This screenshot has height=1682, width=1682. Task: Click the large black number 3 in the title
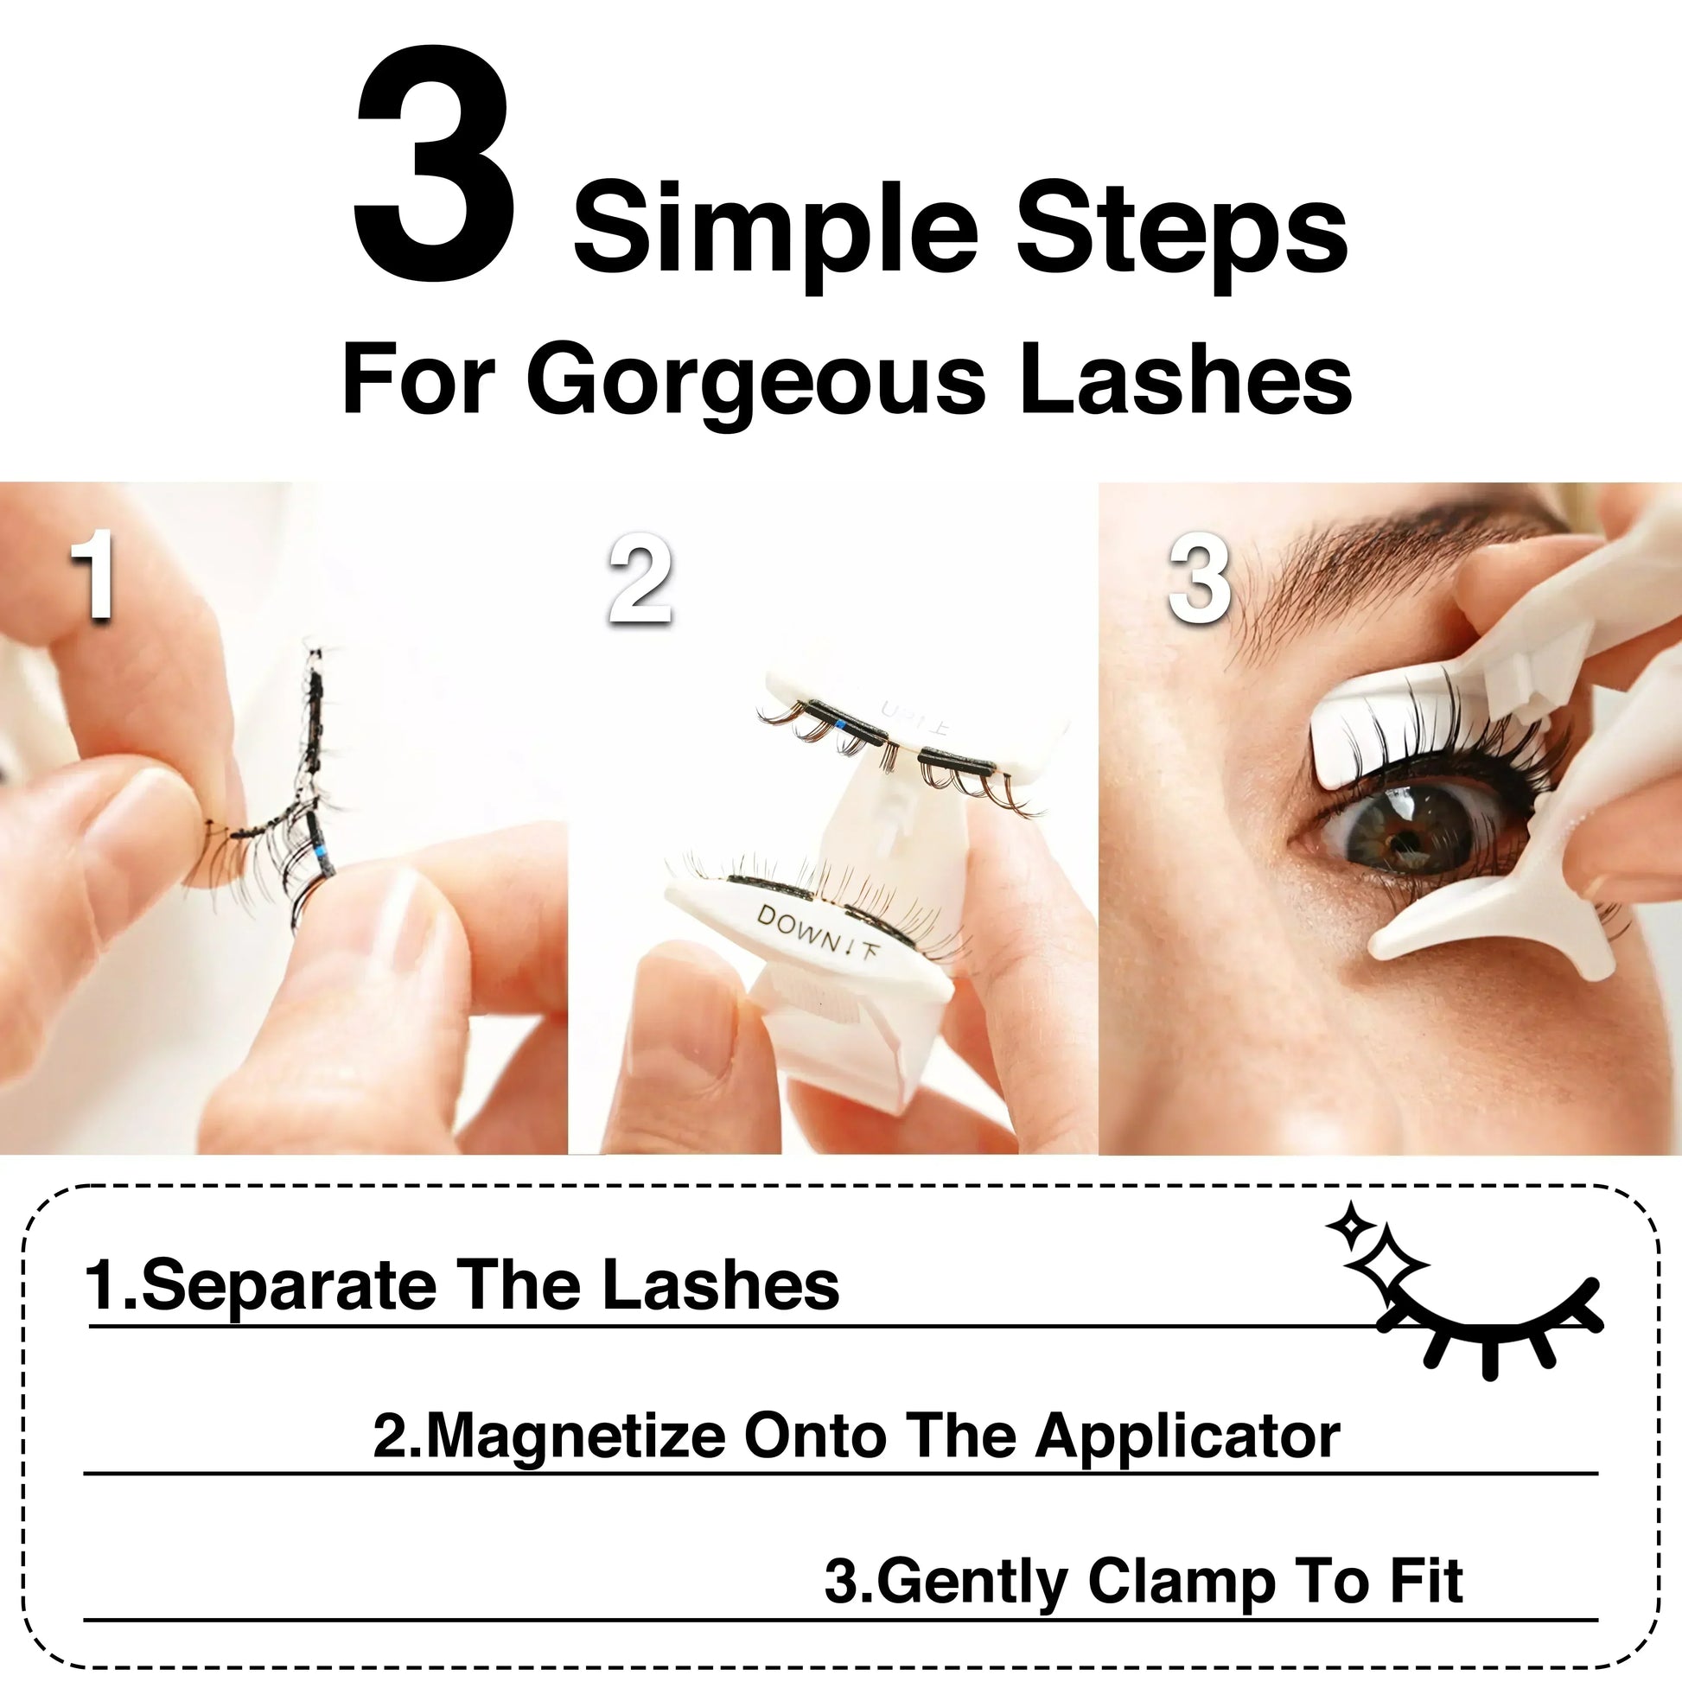coord(433,164)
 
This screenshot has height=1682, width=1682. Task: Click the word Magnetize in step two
coord(576,1437)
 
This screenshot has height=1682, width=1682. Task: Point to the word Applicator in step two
coord(1188,1437)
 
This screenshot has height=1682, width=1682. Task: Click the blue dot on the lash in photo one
coord(322,853)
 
